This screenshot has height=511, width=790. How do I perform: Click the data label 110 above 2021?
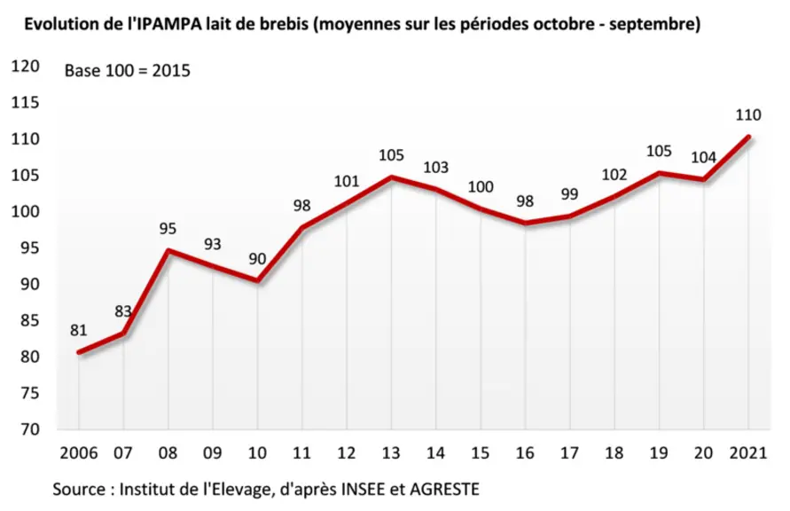click(x=748, y=115)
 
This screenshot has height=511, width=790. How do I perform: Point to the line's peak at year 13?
click(x=392, y=177)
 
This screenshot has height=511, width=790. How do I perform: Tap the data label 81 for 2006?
click(x=79, y=330)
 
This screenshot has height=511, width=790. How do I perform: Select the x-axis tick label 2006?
click(x=79, y=453)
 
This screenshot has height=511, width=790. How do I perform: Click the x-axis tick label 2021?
click(x=748, y=453)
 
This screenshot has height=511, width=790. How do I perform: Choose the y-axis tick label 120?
click(x=25, y=66)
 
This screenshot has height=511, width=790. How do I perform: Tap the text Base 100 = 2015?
click(x=128, y=71)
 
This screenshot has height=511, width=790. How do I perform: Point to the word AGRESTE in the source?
click(x=445, y=489)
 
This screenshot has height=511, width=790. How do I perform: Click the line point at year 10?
click(x=257, y=280)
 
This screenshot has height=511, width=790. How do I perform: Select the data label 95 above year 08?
click(x=168, y=228)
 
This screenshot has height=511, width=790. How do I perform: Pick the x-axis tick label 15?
click(x=481, y=453)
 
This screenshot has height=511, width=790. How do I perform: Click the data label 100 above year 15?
click(x=481, y=187)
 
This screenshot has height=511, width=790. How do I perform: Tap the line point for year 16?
click(x=525, y=223)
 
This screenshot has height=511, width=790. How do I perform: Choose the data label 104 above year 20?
click(x=703, y=157)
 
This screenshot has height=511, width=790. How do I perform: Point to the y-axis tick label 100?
click(x=25, y=211)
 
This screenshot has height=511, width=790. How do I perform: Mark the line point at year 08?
click(x=168, y=250)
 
